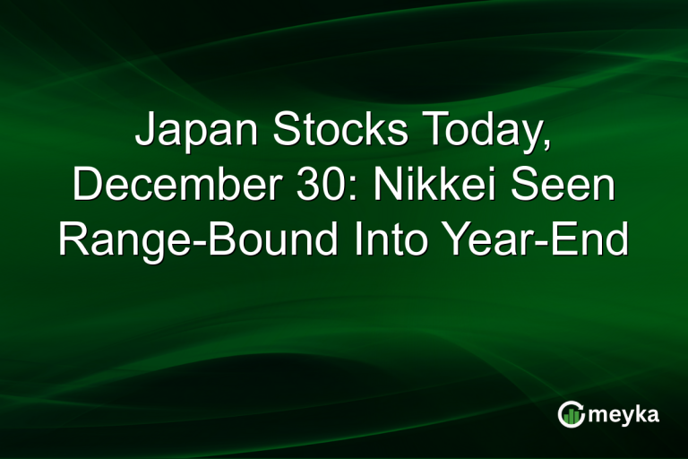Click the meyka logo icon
pyautogui.click(x=569, y=414)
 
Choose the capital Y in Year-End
pyautogui.click(x=460, y=241)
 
